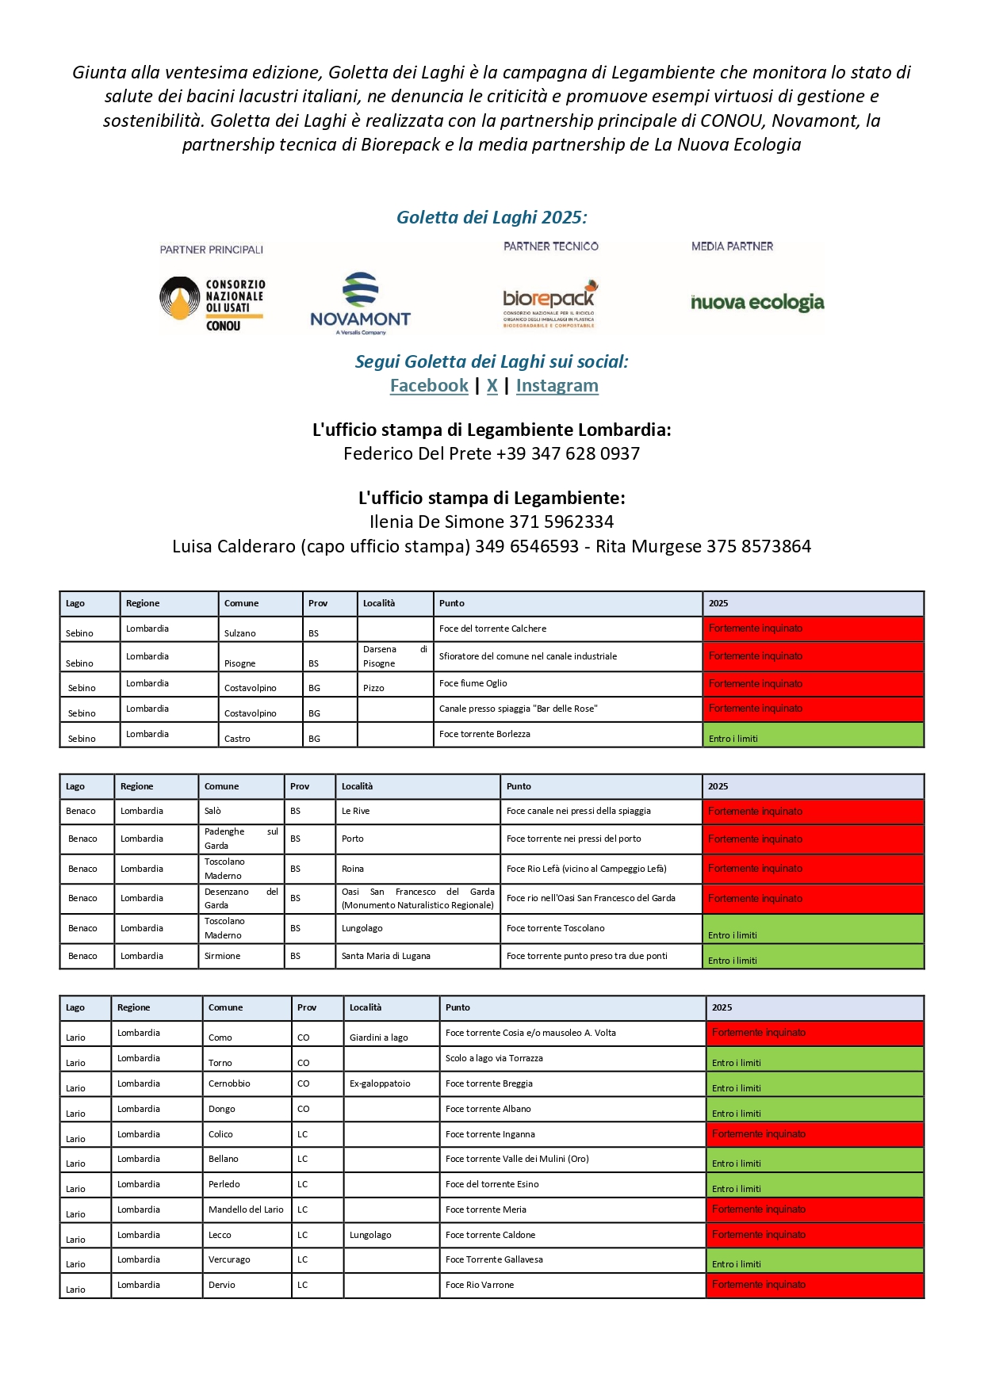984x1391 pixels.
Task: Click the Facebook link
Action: pos(429,386)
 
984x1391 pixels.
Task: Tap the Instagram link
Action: pos(557,386)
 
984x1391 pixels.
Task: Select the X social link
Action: pos(492,386)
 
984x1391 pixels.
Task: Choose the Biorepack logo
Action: pos(549,304)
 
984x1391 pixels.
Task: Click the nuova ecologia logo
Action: pos(757,303)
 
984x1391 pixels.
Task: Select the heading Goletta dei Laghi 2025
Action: pos(492,217)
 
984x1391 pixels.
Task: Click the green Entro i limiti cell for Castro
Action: pos(813,736)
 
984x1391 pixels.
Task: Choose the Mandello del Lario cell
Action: pos(246,1209)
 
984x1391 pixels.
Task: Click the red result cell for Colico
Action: pos(814,1134)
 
